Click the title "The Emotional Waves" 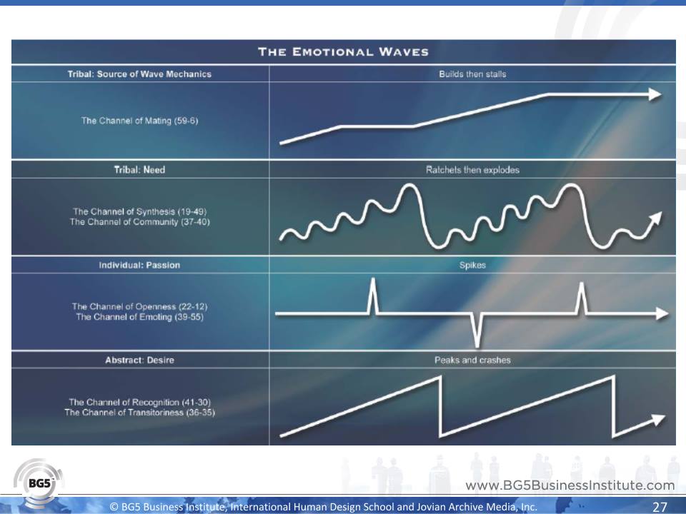click(343, 52)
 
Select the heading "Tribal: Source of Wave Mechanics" click(139, 74)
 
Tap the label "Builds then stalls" click(472, 74)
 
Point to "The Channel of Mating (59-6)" click(139, 121)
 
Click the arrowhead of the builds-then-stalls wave click(655, 94)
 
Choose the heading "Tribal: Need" click(139, 170)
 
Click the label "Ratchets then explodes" click(472, 170)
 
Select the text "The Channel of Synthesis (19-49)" click(139, 211)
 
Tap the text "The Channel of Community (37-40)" click(139, 222)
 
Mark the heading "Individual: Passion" click(139, 266)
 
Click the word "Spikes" click(472, 266)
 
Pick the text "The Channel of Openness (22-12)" click(139, 306)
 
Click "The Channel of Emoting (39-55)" click(139, 317)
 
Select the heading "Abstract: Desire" click(139, 360)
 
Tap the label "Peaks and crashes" click(472, 360)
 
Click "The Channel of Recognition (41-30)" click(139, 402)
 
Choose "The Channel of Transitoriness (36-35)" click(139, 413)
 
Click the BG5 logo click(39, 483)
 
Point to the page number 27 click(660, 507)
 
